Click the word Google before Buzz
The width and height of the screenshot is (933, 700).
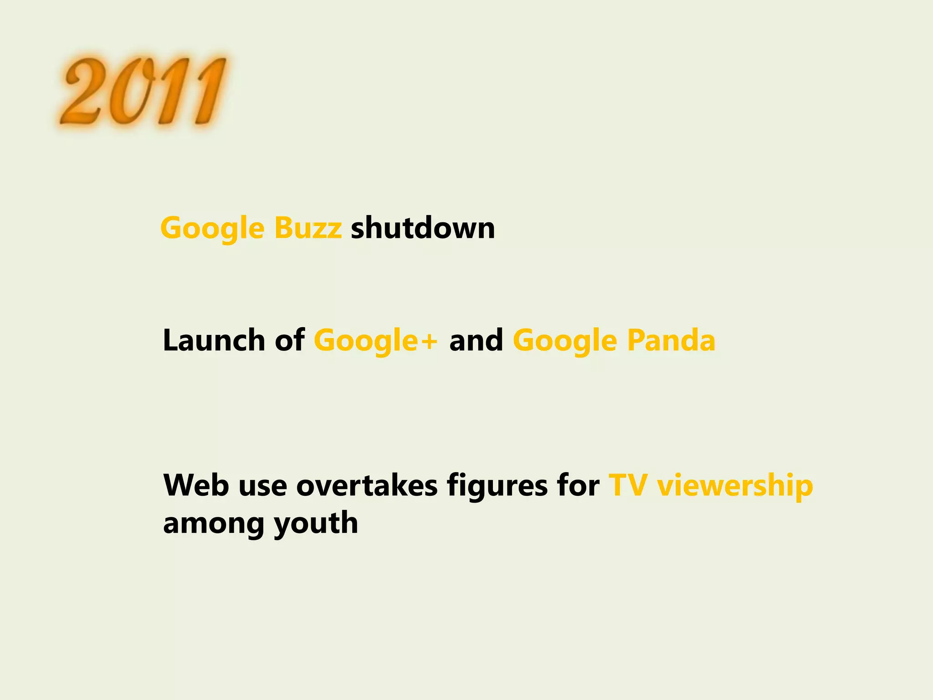(212, 228)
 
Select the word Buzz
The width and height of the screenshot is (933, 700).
(308, 227)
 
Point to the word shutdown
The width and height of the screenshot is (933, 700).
(423, 227)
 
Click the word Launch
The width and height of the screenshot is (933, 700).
(214, 340)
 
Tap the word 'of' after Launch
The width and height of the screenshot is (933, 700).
(290, 340)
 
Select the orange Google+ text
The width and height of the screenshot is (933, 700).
(376, 341)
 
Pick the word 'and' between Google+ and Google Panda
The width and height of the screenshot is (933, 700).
(476, 340)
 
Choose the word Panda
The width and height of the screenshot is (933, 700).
(671, 340)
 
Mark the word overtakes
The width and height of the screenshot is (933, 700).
(367, 485)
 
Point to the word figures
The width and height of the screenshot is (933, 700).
(497, 486)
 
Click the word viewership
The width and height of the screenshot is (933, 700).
(735, 486)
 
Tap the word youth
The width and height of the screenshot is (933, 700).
(316, 524)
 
